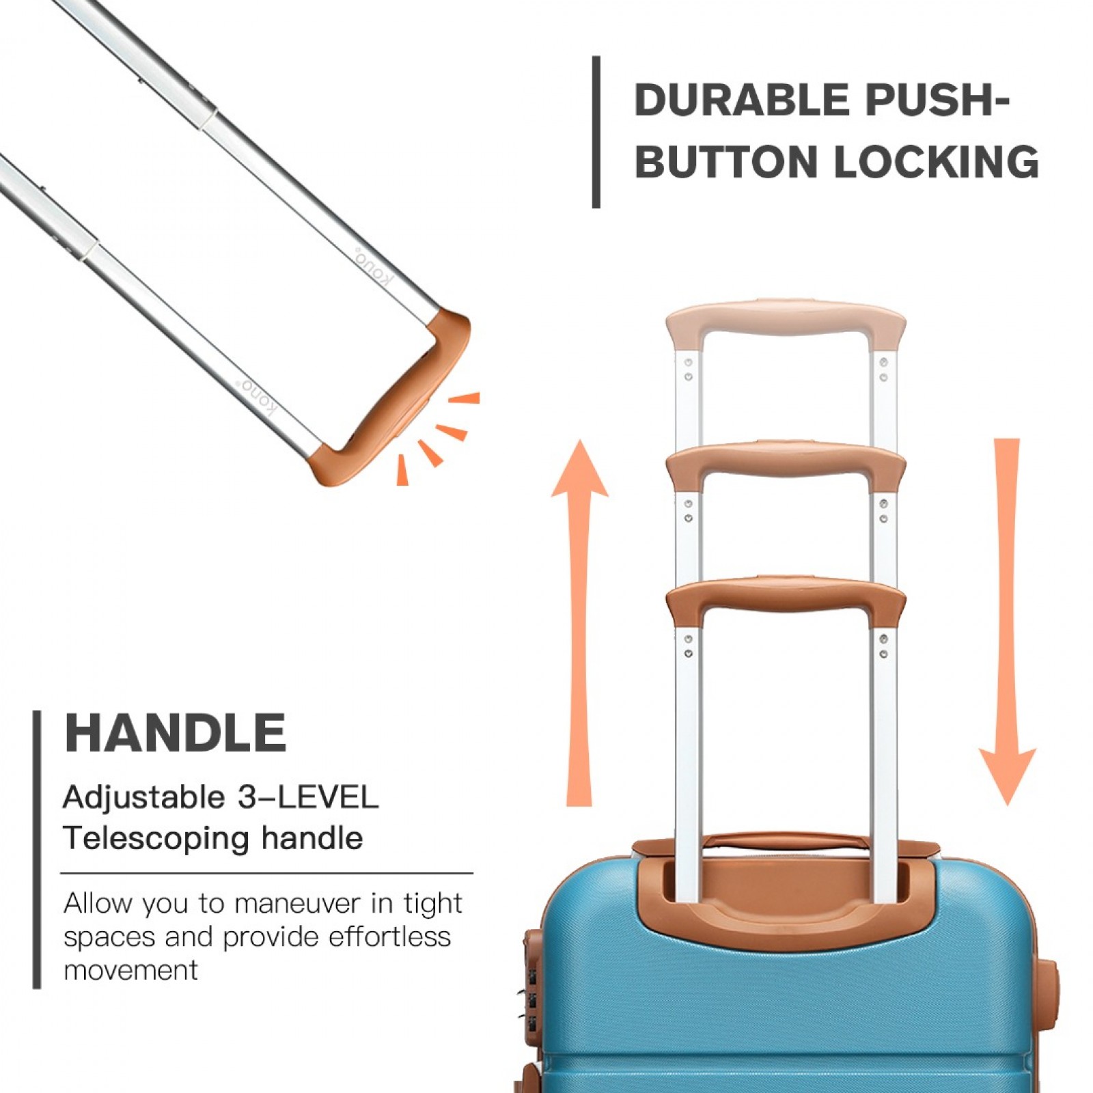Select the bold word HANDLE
tap(175, 733)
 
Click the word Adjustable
tap(143, 798)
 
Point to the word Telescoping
tap(156, 839)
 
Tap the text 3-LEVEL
tap(308, 797)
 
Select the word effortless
tap(389, 937)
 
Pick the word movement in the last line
tap(130, 970)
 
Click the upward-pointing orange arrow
tap(579, 622)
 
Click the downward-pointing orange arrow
tap(1008, 622)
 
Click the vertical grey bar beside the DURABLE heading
tap(596, 132)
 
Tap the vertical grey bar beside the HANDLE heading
tap(37, 849)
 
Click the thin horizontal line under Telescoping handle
tap(266, 873)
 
